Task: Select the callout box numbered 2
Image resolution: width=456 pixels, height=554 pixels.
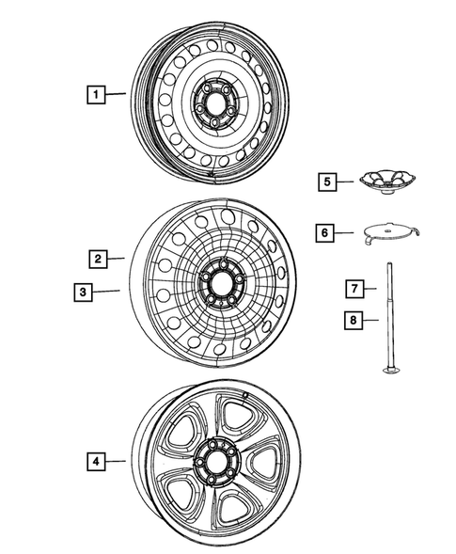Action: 96,257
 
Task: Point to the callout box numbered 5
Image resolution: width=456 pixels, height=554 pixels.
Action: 325,181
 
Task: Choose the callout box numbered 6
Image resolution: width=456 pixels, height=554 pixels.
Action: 325,230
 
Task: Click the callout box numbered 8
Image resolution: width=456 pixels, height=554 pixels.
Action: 354,320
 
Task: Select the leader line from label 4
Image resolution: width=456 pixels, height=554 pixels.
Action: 115,461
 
